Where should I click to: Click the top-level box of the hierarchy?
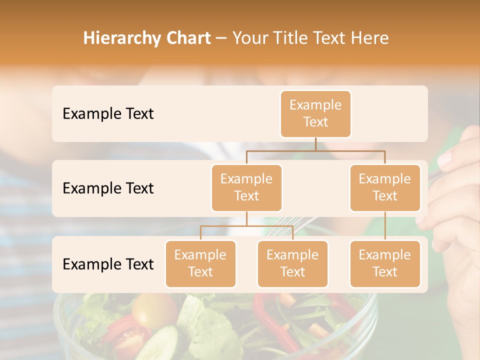click(x=315, y=114)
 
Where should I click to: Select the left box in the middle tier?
click(x=246, y=188)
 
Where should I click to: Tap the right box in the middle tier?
click(x=385, y=188)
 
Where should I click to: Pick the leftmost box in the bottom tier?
click(x=200, y=264)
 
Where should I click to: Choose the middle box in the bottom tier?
click(x=292, y=264)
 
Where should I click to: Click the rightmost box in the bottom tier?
click(x=385, y=264)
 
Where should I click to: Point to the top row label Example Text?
click(x=108, y=114)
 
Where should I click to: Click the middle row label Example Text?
click(x=108, y=188)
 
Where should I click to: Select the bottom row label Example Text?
click(x=108, y=264)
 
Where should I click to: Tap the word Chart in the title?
click(x=186, y=38)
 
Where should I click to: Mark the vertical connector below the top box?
click(x=315, y=144)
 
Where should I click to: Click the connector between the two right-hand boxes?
click(x=385, y=226)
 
